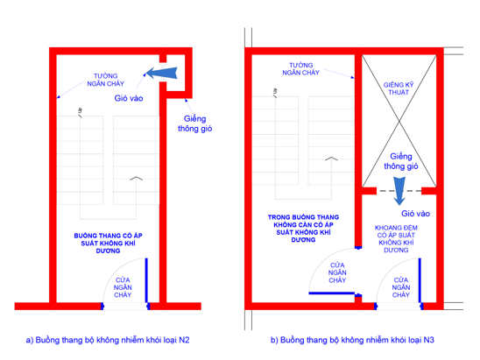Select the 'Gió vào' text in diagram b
coord(416,213)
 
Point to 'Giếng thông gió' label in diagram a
coord(195,124)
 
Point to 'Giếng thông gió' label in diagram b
coord(401,160)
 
